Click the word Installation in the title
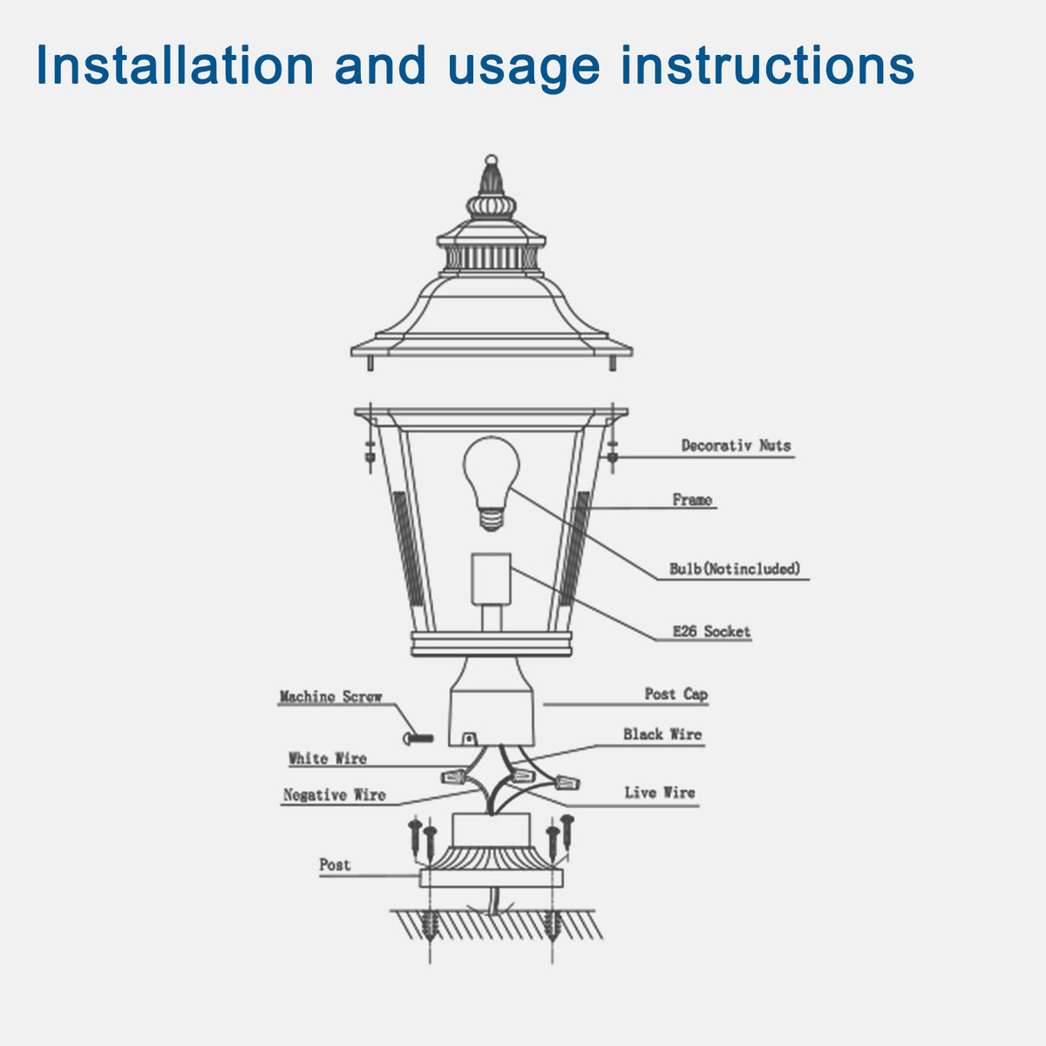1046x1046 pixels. click(x=174, y=65)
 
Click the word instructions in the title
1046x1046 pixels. click(x=767, y=65)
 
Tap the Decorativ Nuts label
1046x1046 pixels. click(x=736, y=445)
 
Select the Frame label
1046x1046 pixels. click(x=692, y=499)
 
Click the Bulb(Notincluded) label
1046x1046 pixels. click(x=734, y=568)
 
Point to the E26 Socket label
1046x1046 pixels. click(x=711, y=631)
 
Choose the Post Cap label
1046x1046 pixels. click(x=676, y=694)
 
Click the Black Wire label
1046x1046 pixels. click(x=662, y=734)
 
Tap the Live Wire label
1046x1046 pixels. click(x=659, y=792)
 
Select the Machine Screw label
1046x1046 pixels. click(x=330, y=696)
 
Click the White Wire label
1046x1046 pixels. click(x=327, y=758)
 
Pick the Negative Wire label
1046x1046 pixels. click(x=334, y=795)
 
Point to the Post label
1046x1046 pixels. click(x=335, y=865)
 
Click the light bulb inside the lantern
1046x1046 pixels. click(x=491, y=475)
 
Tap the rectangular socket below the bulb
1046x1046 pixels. click(x=491, y=579)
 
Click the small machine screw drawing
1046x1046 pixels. click(x=418, y=738)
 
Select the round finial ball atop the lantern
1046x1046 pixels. click(x=491, y=160)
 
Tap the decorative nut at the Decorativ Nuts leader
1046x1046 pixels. click(x=612, y=456)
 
